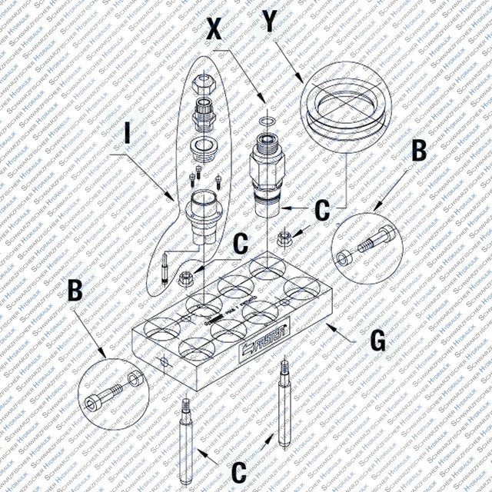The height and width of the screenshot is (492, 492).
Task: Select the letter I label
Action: click(128, 136)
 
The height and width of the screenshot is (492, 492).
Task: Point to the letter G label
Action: click(378, 341)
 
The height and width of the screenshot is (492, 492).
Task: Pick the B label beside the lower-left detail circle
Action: click(75, 291)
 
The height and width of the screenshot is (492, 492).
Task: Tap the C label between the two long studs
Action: click(239, 470)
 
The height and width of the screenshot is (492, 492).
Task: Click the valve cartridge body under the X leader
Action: click(267, 165)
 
